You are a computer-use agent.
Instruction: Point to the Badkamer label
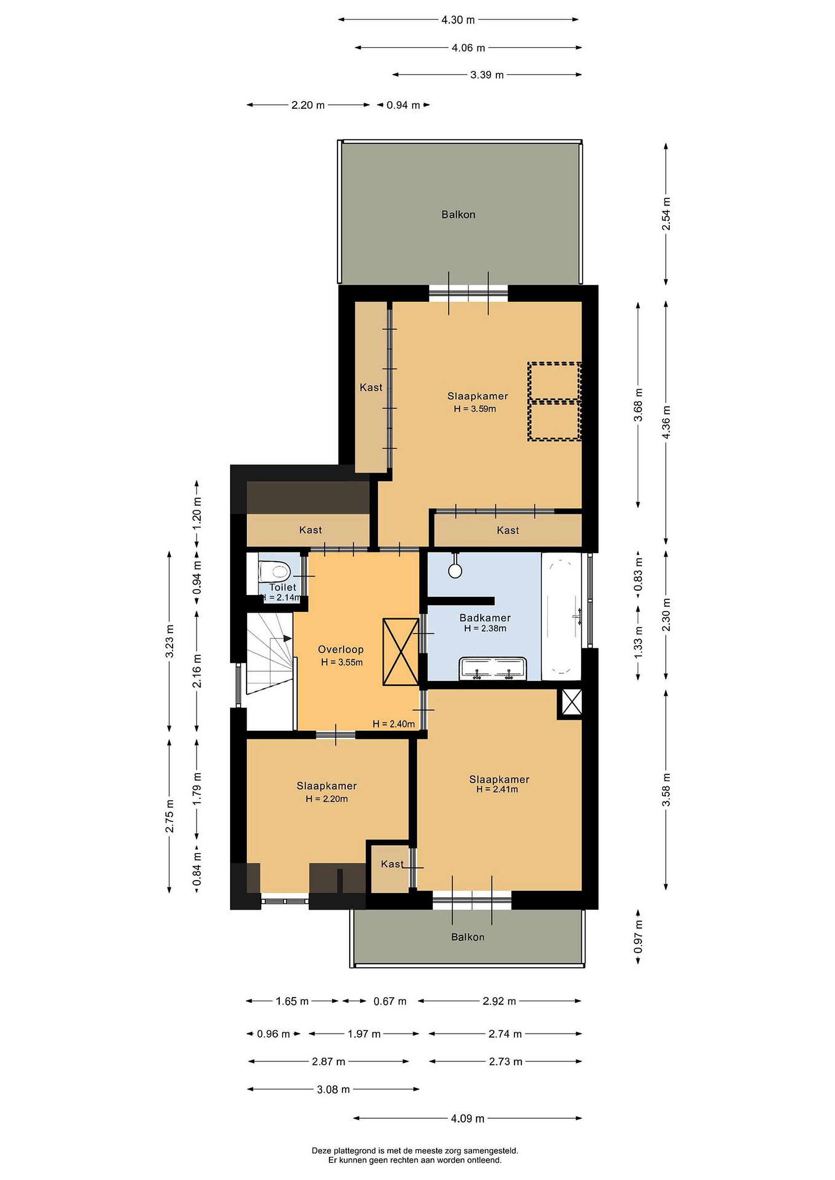pyautogui.click(x=485, y=618)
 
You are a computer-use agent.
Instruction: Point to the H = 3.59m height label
pyautogui.click(x=475, y=409)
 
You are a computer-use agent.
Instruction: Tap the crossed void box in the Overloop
pyautogui.click(x=400, y=652)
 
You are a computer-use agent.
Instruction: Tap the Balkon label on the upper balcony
pyautogui.click(x=458, y=214)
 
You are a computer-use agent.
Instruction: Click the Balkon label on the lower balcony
pyautogui.click(x=468, y=937)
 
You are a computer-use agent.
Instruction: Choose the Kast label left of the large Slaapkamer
pyautogui.click(x=371, y=388)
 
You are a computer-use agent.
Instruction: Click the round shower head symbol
pyautogui.click(x=455, y=570)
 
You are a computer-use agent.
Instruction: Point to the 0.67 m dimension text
pyautogui.click(x=390, y=1001)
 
